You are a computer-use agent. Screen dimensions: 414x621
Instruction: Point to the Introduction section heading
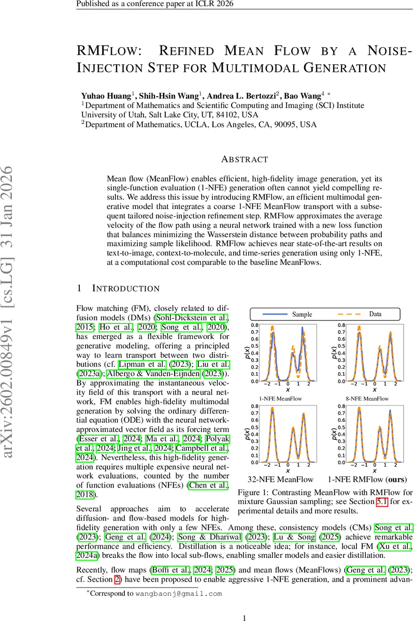click(x=126, y=288)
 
